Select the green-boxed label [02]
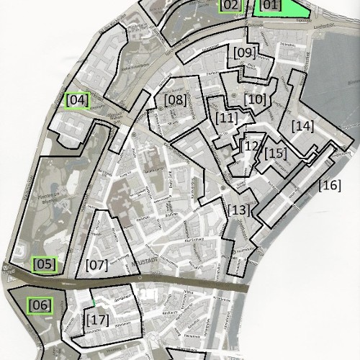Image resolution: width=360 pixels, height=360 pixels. [x=230, y=6]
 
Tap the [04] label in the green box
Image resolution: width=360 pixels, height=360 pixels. [x=76, y=100]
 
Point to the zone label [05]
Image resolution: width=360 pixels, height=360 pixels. [x=44, y=264]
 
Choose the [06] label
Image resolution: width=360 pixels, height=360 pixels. [x=40, y=305]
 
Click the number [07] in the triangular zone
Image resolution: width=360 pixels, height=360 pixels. [x=96, y=264]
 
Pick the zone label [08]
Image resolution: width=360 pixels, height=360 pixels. [x=175, y=99]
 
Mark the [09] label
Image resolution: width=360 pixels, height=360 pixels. [x=244, y=53]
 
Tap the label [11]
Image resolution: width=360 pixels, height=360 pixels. [x=226, y=117]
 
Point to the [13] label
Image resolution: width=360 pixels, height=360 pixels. [x=238, y=210]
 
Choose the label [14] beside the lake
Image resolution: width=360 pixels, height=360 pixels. [x=303, y=126]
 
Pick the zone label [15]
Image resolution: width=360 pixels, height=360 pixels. [x=275, y=153]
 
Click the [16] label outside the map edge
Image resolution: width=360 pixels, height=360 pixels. [x=330, y=185]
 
